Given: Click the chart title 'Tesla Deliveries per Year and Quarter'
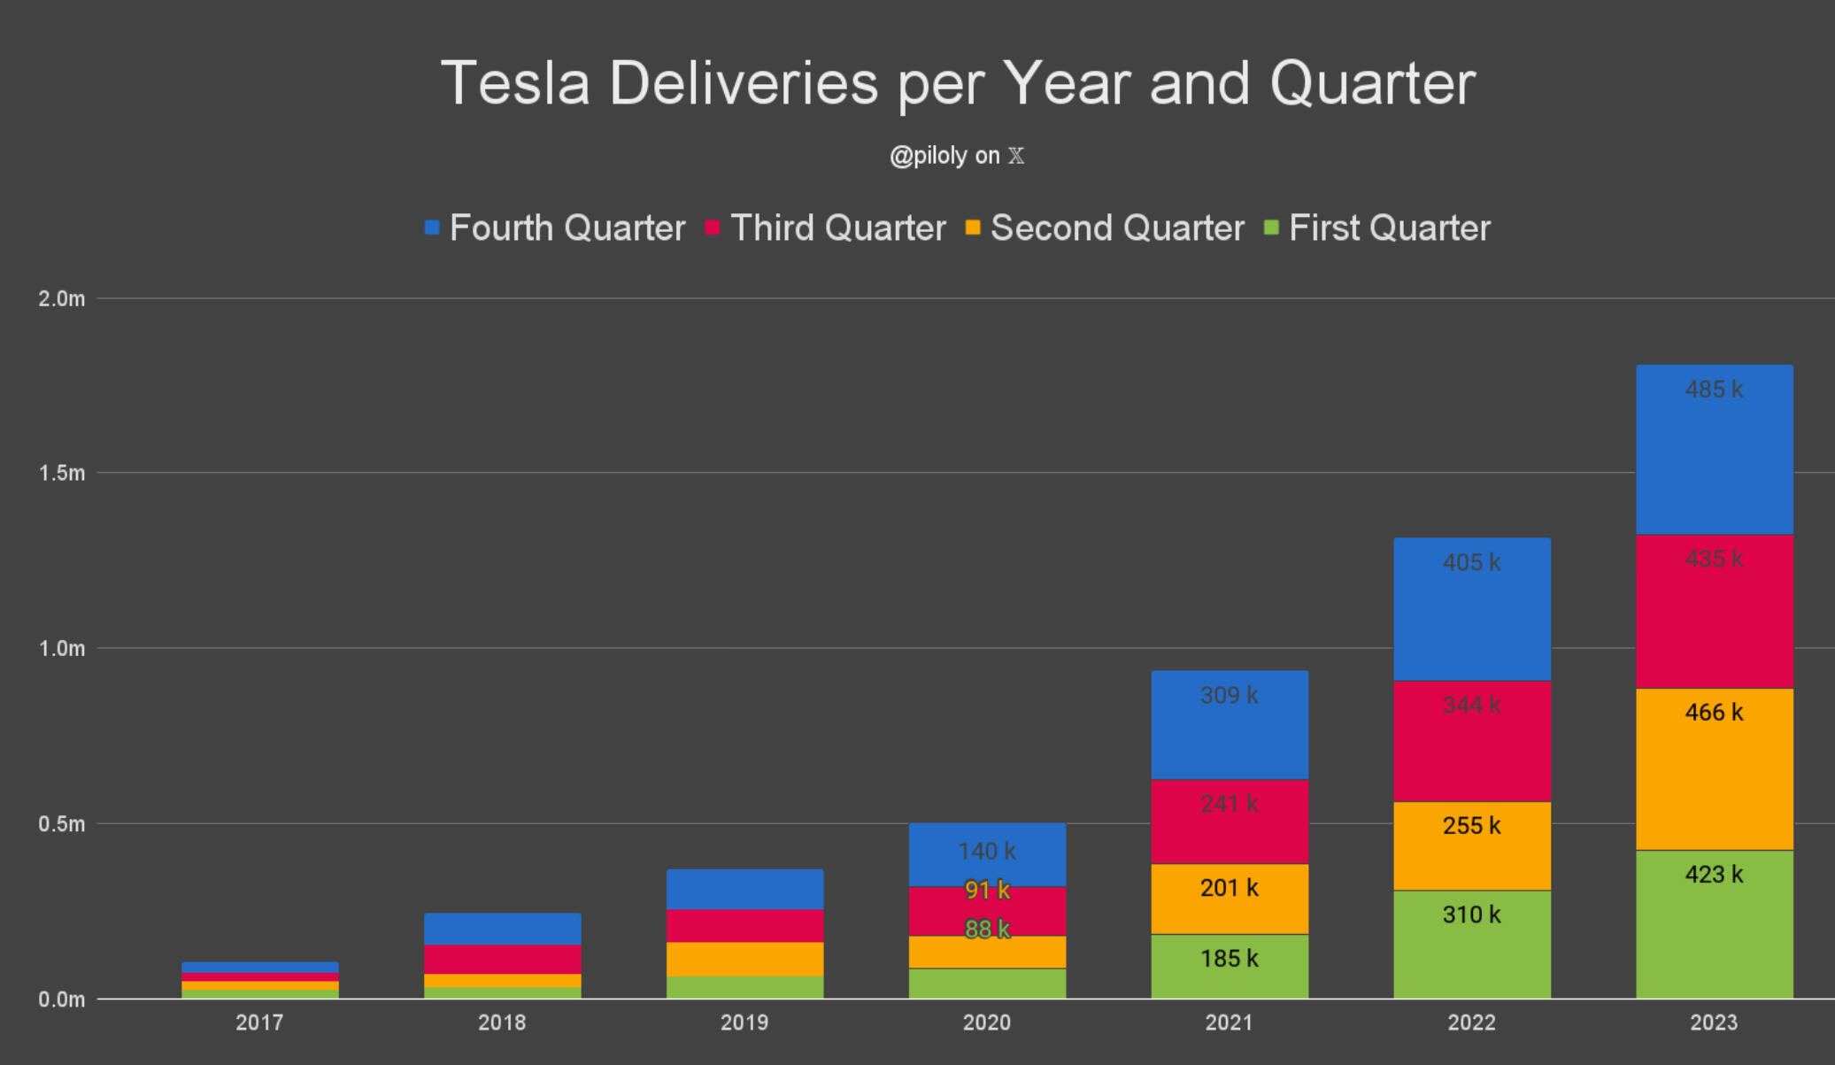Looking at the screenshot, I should click(x=958, y=83).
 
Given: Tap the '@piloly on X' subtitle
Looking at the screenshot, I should click(x=957, y=156).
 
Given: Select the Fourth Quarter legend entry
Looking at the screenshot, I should click(x=556, y=228).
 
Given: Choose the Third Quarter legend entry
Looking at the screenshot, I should click(x=826, y=228).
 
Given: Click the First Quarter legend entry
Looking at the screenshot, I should click(x=1377, y=228).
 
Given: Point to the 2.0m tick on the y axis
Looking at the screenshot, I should click(x=62, y=299).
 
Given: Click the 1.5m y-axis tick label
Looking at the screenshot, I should click(x=62, y=474).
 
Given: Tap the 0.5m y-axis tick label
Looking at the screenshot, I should click(x=62, y=824).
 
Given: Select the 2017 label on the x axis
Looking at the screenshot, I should click(x=259, y=1023).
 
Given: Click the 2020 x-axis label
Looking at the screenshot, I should click(x=987, y=1023).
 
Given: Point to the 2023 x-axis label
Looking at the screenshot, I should click(x=1715, y=1023).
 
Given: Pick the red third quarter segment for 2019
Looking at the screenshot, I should click(x=744, y=926).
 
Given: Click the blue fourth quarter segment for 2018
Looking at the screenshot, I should click(x=502, y=929).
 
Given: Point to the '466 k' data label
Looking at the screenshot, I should click(x=1715, y=713).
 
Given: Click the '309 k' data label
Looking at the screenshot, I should click(x=1230, y=696).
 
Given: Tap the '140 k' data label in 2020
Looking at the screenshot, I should click(x=987, y=852).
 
